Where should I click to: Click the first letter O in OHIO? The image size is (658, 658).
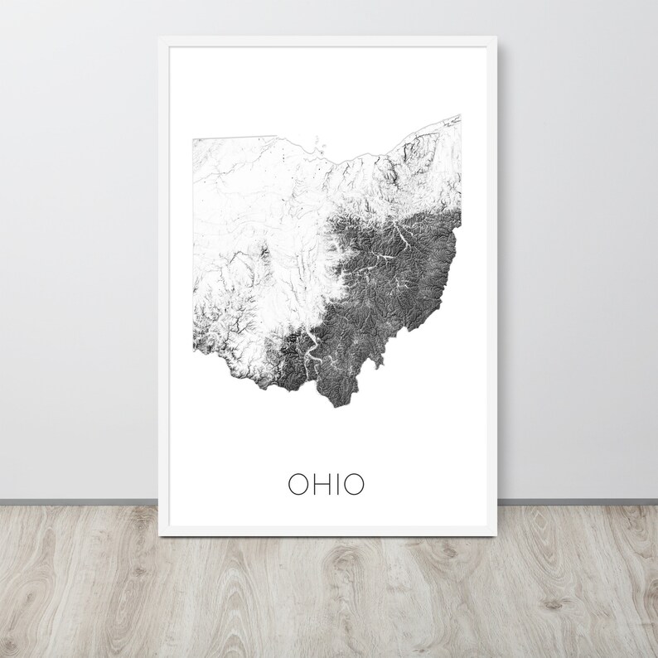pyautogui.click(x=297, y=483)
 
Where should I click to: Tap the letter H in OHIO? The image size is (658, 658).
pyautogui.click(x=318, y=483)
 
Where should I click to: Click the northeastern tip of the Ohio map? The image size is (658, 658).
pyautogui.click(x=459, y=117)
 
